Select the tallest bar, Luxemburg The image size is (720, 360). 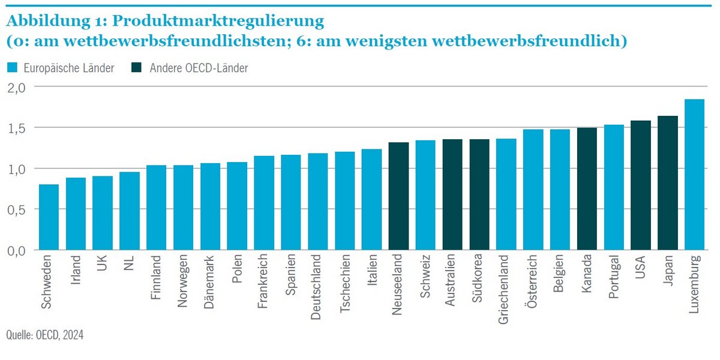[694, 175]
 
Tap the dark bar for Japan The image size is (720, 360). [667, 183]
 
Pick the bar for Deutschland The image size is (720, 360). [318, 202]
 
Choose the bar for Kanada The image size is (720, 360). [587, 189]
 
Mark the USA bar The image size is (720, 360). [641, 185]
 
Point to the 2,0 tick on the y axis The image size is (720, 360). [17, 87]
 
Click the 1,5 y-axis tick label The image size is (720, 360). [17, 128]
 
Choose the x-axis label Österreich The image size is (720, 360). [532, 282]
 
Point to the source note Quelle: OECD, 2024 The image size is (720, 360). [46, 335]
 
